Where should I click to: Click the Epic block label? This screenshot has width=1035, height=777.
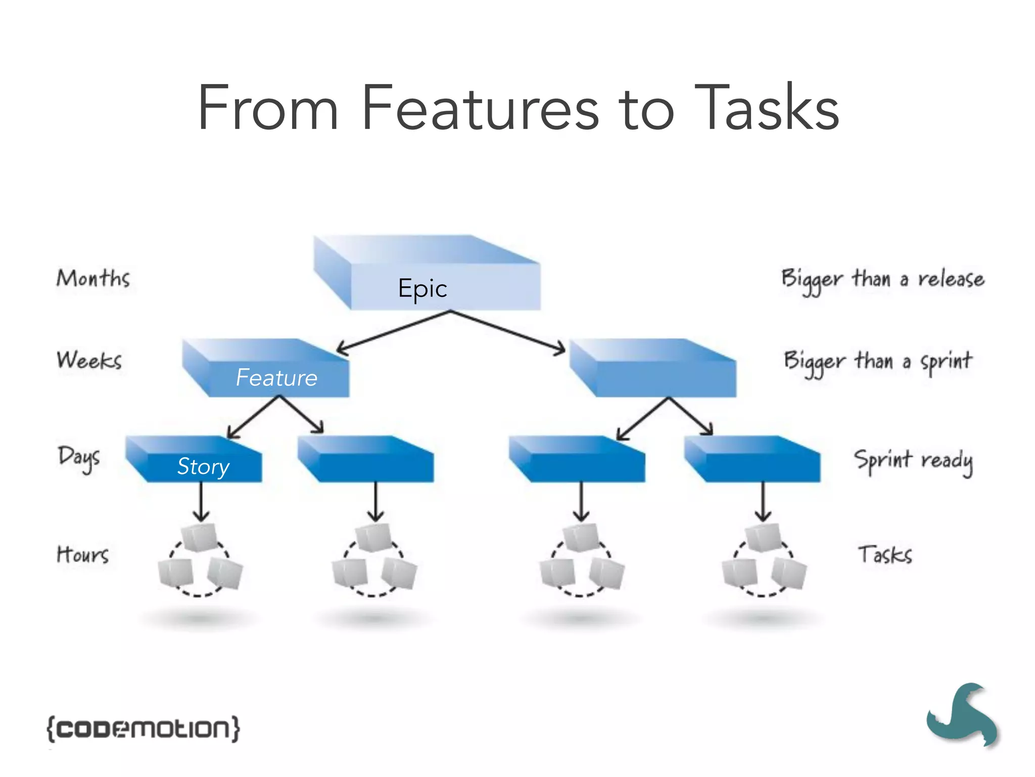point(422,288)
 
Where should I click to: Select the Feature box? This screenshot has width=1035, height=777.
point(276,377)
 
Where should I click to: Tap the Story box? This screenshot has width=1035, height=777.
point(204,466)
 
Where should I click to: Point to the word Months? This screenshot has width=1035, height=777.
point(93,278)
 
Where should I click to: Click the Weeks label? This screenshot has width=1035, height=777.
point(89,360)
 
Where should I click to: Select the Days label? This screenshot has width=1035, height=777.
point(79,458)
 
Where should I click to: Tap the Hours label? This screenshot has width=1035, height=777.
point(82,554)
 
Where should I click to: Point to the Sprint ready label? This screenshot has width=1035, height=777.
point(913,461)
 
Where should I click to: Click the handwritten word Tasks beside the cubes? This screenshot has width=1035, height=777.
point(885,554)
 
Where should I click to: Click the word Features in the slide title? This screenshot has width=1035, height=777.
point(480,109)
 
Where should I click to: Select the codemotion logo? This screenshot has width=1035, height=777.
point(144,728)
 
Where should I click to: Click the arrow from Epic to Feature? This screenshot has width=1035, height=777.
point(393,331)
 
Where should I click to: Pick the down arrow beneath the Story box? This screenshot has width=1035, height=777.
point(201,501)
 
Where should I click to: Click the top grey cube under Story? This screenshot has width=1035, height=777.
point(200,537)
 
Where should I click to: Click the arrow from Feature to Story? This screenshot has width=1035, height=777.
point(253,417)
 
